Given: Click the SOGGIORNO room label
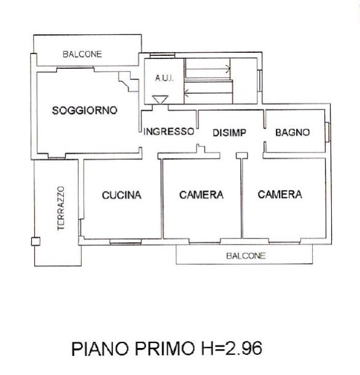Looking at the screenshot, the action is pos(85,111).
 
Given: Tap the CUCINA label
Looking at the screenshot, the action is pos(122,195).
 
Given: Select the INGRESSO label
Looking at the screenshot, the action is pos(169,132).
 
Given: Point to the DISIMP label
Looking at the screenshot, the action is pos(229,133).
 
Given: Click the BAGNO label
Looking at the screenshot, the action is pos(292,133).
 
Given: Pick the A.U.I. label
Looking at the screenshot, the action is pos(164,78).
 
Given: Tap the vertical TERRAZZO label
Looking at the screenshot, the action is pos(61,208).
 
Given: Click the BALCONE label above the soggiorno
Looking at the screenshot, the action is pos(82,54).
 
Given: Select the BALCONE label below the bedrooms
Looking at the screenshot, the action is pos(246,256).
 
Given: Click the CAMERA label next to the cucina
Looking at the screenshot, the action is pos(202,195).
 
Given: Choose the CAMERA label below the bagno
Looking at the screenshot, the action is pos(280,194).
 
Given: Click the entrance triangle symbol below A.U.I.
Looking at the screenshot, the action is pos(160,100).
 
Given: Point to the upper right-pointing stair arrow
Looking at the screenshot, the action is pos(208,69).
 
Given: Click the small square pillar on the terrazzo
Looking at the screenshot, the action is pos(36,242).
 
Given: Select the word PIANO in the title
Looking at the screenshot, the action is pos(100,349).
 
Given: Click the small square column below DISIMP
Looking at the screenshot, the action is pos(242,156).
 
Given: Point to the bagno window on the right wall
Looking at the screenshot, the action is pos(327,132).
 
